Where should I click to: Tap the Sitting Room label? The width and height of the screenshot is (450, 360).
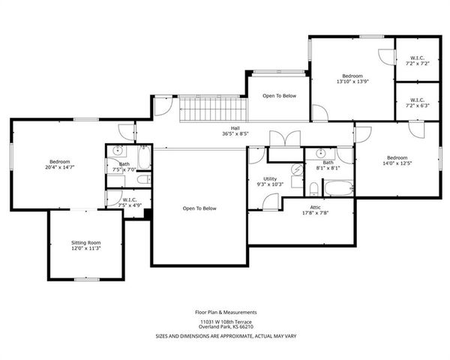point(85,243)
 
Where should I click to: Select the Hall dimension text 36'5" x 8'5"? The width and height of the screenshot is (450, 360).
point(235,134)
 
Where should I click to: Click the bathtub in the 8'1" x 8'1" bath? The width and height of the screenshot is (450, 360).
point(337,187)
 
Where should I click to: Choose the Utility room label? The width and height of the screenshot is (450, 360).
point(270,178)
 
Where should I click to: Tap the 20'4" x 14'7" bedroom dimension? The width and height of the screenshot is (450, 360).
point(60,168)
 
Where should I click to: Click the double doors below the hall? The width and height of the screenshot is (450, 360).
point(285,139)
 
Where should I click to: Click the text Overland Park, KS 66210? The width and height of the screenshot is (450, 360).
point(226,327)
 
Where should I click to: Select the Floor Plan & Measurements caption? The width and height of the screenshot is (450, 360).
point(226,311)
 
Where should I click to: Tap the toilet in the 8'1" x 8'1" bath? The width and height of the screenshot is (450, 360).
point(313,187)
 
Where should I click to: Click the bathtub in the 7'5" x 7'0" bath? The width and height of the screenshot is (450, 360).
point(145,157)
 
